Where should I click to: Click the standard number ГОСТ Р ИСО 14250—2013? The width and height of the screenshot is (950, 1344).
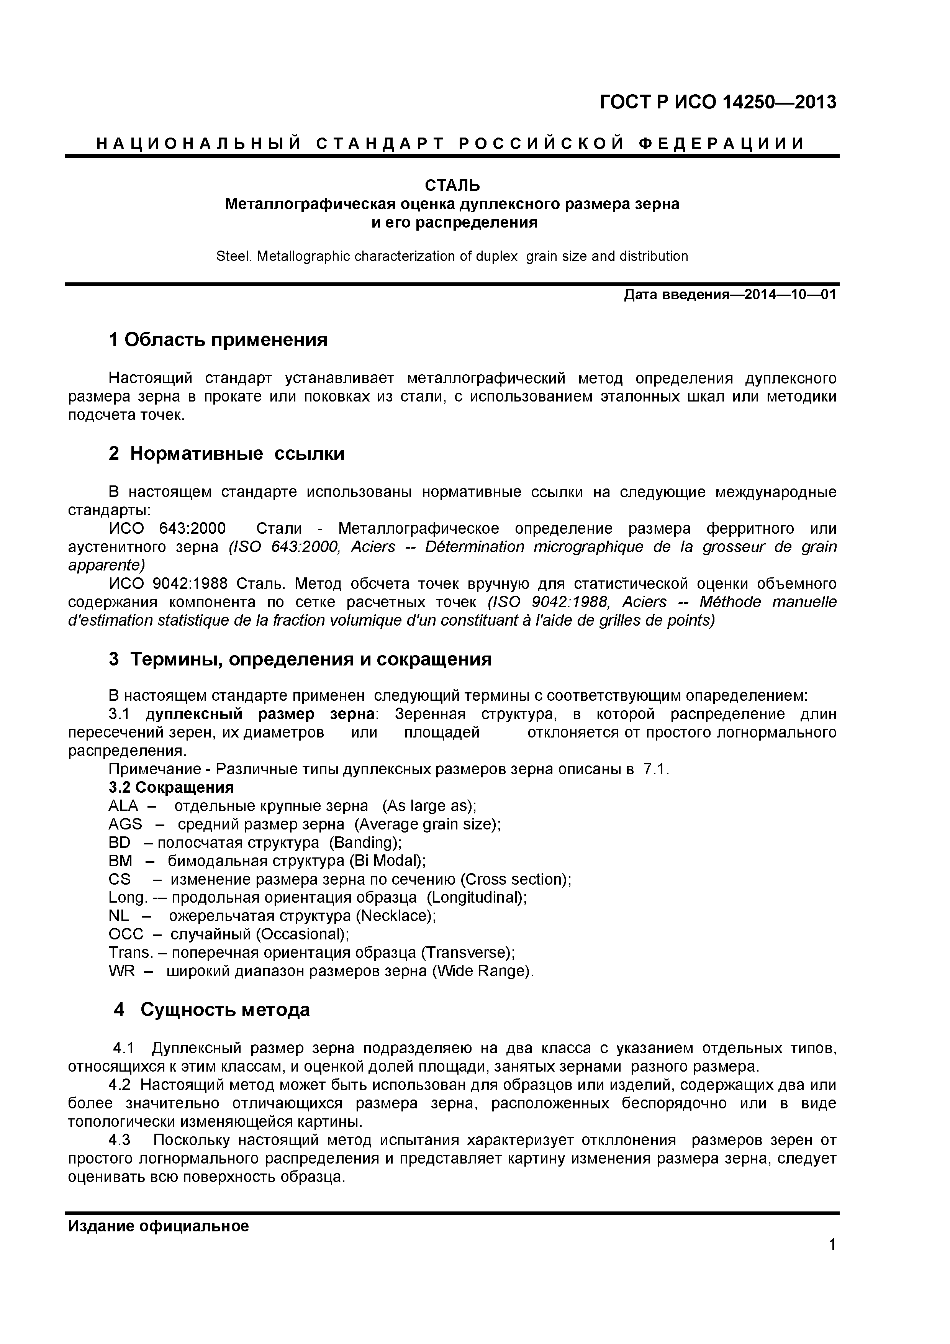[x=717, y=102]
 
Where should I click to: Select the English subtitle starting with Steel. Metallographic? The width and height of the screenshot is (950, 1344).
[x=452, y=256]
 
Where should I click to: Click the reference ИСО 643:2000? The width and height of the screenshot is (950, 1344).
[x=167, y=529]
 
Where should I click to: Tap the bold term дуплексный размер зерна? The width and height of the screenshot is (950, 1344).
[x=260, y=714]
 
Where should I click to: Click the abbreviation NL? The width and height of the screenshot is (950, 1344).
[x=119, y=916]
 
